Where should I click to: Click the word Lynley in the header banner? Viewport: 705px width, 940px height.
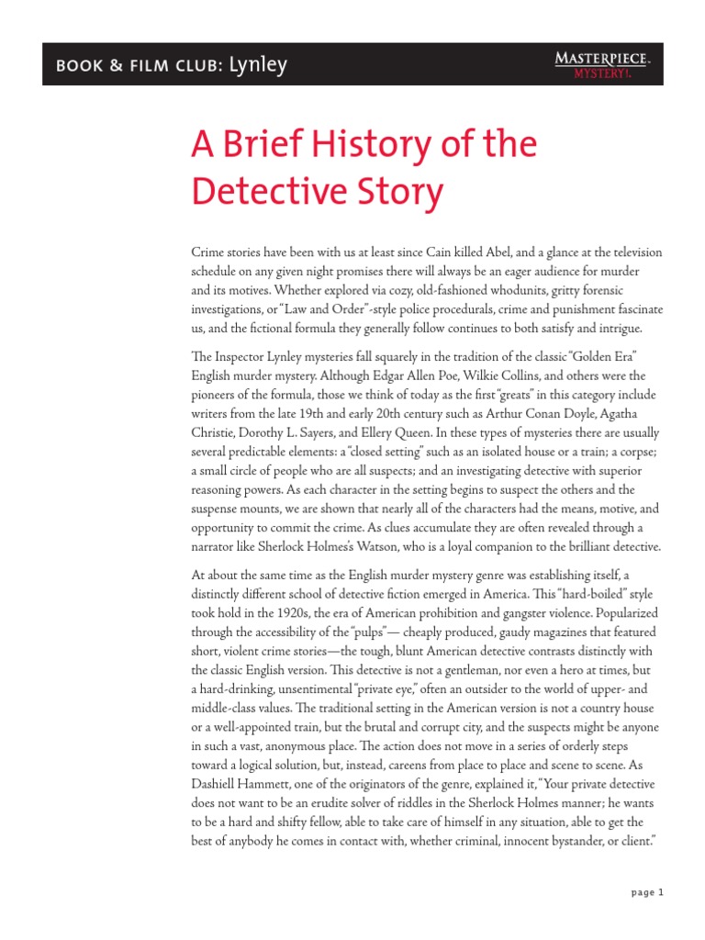(x=259, y=65)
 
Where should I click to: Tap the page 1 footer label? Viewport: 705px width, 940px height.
(x=647, y=892)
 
